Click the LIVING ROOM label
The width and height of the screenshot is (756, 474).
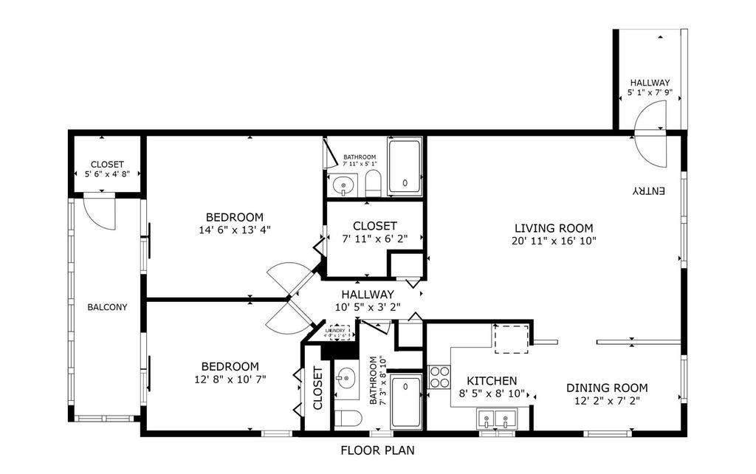pyautogui.click(x=554, y=228)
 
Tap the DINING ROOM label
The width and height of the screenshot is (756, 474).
pyautogui.click(x=607, y=388)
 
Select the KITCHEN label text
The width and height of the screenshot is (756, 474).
pyautogui.click(x=491, y=381)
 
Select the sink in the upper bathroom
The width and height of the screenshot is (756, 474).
pyautogui.click(x=343, y=185)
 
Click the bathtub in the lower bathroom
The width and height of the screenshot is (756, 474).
pyautogui.click(x=406, y=401)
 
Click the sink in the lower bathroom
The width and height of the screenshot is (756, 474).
pyautogui.click(x=345, y=379)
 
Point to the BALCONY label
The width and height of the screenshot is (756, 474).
pyautogui.click(x=107, y=307)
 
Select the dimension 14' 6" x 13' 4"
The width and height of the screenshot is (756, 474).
pyautogui.click(x=234, y=230)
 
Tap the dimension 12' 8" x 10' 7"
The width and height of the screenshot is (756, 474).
pyautogui.click(x=231, y=379)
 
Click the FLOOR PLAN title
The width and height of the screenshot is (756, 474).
pyautogui.click(x=377, y=450)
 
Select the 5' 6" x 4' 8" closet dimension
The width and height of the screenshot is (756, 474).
pyautogui.click(x=107, y=176)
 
